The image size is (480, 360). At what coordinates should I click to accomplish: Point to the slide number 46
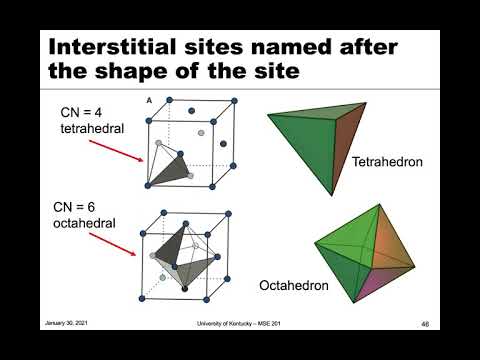coord(424,324)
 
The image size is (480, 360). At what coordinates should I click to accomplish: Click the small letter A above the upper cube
coord(149,101)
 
